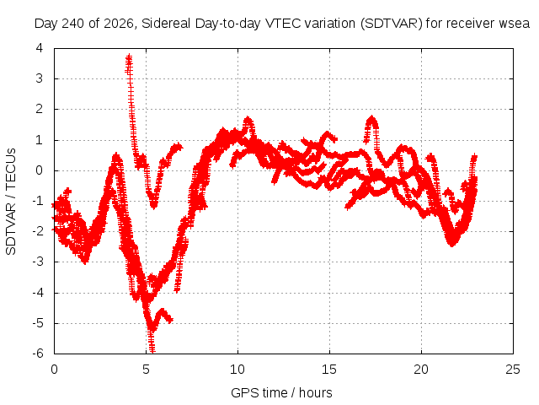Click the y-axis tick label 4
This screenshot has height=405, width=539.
coord(40,48)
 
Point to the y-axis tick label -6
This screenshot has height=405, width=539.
coord(37,354)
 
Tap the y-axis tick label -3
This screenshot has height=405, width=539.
coord(37,262)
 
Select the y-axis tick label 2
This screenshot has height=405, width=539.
coord(40,109)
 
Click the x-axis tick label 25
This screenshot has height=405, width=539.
coord(513,370)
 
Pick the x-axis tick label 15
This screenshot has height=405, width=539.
coord(329,370)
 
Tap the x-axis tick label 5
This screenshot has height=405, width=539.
coord(146,370)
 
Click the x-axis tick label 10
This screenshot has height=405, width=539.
coord(237,370)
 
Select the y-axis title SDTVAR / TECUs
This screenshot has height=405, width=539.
coord(11,202)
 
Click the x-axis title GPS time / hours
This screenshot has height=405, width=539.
coord(281,392)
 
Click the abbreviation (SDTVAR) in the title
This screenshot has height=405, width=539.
coord(391,24)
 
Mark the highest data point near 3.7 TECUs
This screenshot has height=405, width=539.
coord(129,57)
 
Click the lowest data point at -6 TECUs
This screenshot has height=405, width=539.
coord(152,351)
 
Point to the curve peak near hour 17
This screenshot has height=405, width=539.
coord(371,118)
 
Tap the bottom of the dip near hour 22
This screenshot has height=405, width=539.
coord(452,244)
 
